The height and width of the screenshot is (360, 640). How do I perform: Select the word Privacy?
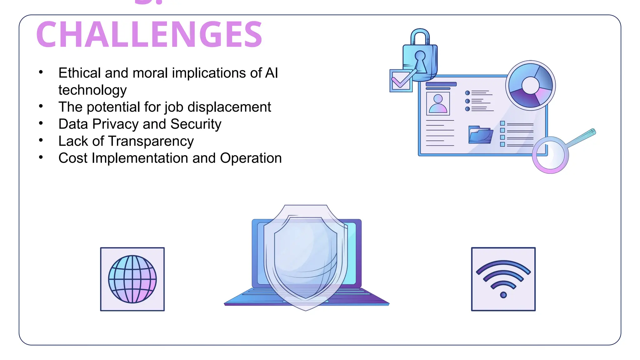(x=115, y=124)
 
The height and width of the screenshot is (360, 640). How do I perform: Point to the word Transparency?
(x=151, y=141)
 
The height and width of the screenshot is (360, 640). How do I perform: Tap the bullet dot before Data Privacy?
(x=41, y=123)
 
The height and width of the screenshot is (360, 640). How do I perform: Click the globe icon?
(x=132, y=279)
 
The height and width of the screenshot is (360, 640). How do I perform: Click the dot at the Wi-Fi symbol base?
(x=503, y=295)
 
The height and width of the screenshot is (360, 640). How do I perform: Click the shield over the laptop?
(x=306, y=256)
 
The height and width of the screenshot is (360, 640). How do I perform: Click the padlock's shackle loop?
(x=420, y=36)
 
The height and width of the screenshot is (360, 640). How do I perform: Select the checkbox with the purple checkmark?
(x=401, y=81)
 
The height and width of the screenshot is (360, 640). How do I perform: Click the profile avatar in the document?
(x=438, y=104)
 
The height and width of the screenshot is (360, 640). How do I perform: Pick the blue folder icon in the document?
(x=480, y=135)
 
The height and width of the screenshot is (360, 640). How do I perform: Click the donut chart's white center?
(x=530, y=85)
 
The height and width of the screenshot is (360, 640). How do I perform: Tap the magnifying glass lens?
(x=550, y=155)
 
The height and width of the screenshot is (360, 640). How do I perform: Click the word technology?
(x=92, y=90)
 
